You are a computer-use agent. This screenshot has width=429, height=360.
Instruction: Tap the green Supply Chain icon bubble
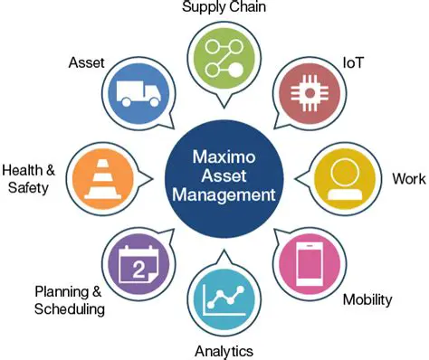224,57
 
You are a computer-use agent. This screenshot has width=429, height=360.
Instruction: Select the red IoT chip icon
307,93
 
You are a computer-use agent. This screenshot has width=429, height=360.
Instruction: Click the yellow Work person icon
345,177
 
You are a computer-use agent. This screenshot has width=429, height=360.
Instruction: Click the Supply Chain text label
224,8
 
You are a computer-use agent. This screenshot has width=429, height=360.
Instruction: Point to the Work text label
408,177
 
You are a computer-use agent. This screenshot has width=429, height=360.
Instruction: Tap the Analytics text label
224,350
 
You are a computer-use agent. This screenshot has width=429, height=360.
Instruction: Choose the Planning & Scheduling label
70,299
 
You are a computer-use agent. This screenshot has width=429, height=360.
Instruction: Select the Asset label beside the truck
86,63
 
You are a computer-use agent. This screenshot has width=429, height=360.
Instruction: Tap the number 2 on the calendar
138,269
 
